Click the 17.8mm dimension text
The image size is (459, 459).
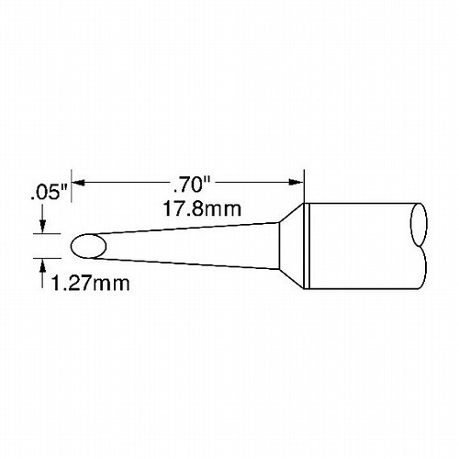click(x=202, y=209)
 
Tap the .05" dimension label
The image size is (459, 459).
click(x=49, y=194)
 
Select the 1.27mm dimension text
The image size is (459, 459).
click(x=90, y=284)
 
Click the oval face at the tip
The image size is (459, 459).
click(x=88, y=246)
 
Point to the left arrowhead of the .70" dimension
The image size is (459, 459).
click(x=80, y=183)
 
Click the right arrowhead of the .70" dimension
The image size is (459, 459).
click(x=296, y=183)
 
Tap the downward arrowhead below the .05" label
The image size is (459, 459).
click(x=42, y=226)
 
